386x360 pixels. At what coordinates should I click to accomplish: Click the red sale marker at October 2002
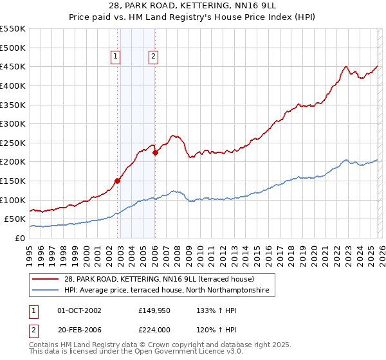(x=117, y=181)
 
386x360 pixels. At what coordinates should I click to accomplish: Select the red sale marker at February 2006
(x=155, y=152)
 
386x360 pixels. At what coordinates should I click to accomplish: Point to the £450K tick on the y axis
(x=14, y=67)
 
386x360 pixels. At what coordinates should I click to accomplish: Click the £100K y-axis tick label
(x=14, y=200)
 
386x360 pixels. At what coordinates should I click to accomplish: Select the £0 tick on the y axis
(x=19, y=238)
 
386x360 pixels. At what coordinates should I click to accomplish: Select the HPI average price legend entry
(x=169, y=291)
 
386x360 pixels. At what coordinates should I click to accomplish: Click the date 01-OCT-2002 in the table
(x=79, y=310)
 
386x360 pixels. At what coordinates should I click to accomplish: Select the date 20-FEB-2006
(x=79, y=331)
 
